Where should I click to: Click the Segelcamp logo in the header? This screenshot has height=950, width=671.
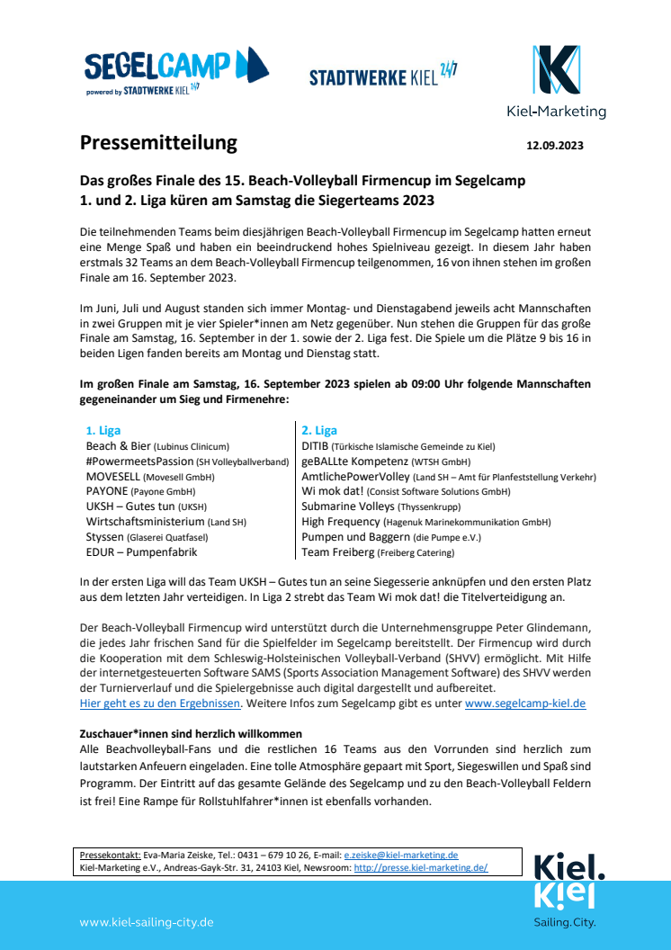(x=176, y=71)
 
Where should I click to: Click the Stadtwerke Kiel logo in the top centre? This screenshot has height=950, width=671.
(x=383, y=76)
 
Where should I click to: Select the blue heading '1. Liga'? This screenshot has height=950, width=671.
(x=103, y=431)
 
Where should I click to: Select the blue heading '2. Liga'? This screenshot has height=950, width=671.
(x=319, y=431)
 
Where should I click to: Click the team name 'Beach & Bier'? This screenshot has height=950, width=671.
(x=118, y=446)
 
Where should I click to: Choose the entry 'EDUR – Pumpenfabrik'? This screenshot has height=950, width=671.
(x=141, y=552)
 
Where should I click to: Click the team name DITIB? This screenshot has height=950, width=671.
(x=315, y=446)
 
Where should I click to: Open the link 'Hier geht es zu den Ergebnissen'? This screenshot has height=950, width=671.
(x=160, y=704)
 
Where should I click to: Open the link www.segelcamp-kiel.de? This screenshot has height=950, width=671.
(x=525, y=704)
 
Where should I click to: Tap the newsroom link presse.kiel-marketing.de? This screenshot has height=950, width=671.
(x=421, y=868)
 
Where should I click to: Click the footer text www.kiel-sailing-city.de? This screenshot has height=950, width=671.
(x=147, y=922)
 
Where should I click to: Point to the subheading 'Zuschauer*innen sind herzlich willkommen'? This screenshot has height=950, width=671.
(x=191, y=734)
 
